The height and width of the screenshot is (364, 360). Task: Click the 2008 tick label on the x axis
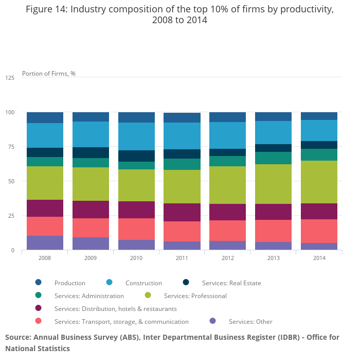(x=45, y=257)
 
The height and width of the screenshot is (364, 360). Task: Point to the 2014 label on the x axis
(x=319, y=257)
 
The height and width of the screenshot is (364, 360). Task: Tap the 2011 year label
(x=182, y=257)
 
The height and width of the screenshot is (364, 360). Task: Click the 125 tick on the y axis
(x=10, y=78)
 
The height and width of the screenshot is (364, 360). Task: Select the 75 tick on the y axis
(x=11, y=147)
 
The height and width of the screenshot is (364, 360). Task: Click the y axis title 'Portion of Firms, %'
(x=49, y=74)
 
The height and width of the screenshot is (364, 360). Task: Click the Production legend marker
(x=39, y=282)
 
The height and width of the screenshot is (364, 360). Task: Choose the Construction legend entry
(x=143, y=283)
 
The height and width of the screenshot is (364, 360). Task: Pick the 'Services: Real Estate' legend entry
(x=231, y=283)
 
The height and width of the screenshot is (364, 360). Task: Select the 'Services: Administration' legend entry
(x=89, y=296)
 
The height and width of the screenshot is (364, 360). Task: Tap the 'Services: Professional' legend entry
(x=195, y=296)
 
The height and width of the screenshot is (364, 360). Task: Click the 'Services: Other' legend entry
(x=250, y=321)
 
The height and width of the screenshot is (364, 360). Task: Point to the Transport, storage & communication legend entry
(x=121, y=321)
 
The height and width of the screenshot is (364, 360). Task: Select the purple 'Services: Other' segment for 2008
(x=45, y=242)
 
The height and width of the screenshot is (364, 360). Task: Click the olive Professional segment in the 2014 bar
(x=319, y=182)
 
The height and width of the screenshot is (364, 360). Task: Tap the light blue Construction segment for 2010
(x=136, y=136)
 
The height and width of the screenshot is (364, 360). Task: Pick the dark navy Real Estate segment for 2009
(x=91, y=152)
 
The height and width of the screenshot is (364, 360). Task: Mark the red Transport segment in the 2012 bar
(x=228, y=231)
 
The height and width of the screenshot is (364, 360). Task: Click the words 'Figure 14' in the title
(x=47, y=10)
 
